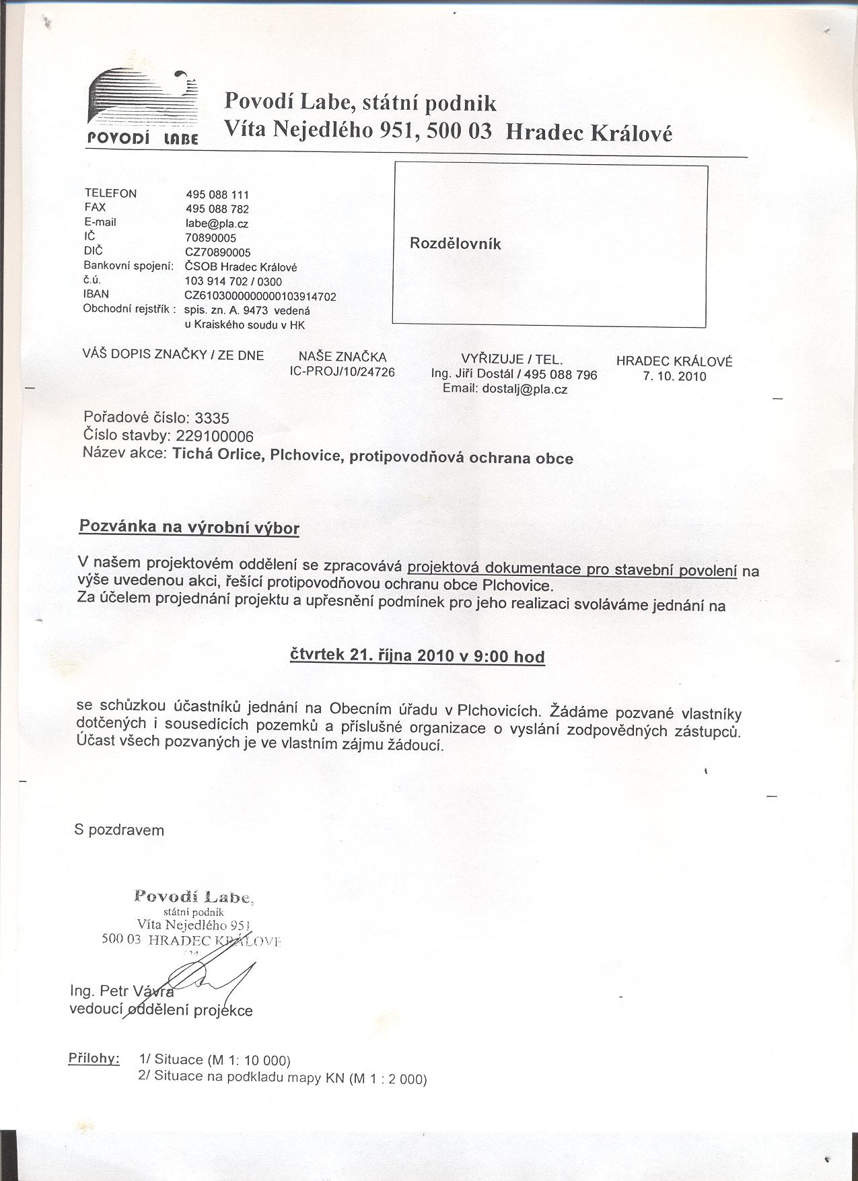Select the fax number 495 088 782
tap(217, 209)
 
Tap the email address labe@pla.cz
tap(217, 223)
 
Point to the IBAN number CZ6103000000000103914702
tap(260, 296)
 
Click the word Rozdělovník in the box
tap(455, 244)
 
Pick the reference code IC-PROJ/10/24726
tap(342, 371)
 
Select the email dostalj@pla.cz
tap(505, 389)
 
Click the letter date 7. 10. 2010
tap(674, 377)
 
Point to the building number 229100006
tap(214, 435)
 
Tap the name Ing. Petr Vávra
tap(122, 991)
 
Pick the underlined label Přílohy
tap(94, 1058)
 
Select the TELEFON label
tap(110, 194)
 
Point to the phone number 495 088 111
tap(217, 194)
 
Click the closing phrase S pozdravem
tap(119, 830)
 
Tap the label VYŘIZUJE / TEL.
tap(512, 359)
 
